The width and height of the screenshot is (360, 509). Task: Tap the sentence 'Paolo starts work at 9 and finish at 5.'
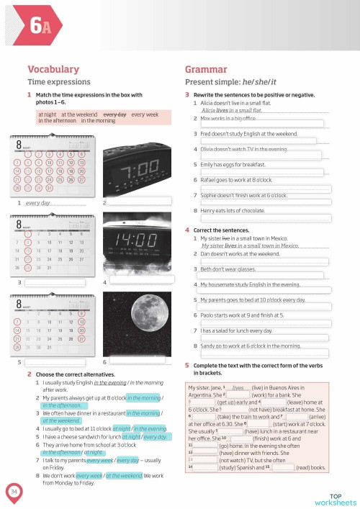click(251, 315)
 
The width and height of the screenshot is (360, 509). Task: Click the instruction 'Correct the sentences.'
click(225, 230)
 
